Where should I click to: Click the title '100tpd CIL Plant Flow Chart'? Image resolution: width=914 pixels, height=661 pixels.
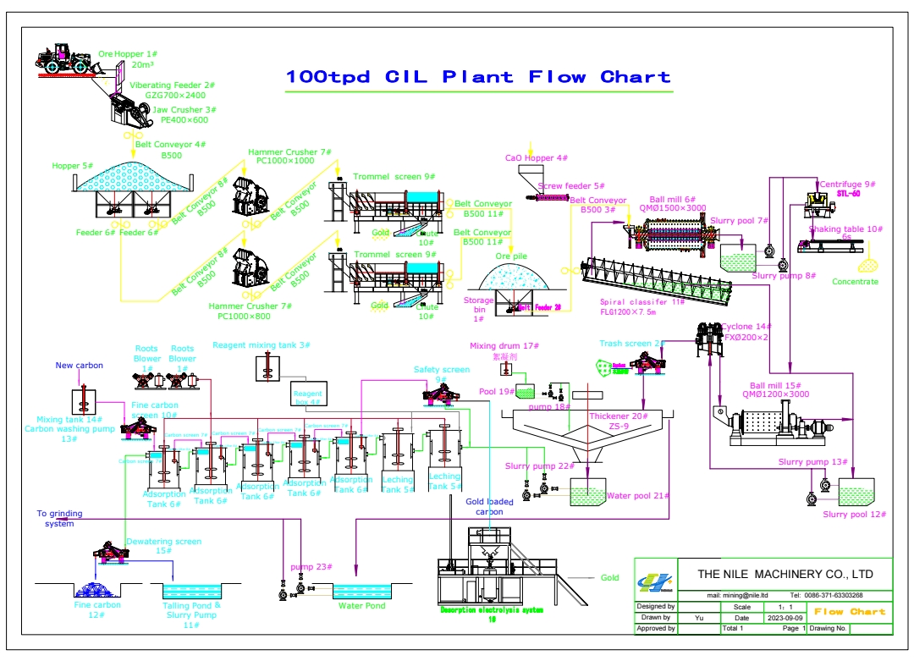point(478,77)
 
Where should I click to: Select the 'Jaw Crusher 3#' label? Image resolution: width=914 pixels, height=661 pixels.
point(185,110)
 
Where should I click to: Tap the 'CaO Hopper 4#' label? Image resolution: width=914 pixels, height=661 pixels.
point(537,158)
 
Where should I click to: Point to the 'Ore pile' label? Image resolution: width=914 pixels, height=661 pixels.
point(512,256)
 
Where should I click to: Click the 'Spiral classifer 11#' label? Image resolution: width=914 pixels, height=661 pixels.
point(642,302)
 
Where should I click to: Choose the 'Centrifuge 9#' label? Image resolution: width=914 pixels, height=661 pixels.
point(847,185)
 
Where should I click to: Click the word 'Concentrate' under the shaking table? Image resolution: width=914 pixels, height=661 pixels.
point(855,282)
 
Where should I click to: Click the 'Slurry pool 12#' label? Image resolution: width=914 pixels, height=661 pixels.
point(854,515)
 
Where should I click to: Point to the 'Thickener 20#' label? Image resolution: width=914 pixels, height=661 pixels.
point(619,416)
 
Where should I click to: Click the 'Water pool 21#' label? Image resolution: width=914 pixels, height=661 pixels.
point(638,496)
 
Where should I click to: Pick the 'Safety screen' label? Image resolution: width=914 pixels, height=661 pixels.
point(441,370)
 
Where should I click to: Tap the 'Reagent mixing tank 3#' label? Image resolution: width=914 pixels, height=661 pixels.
point(262,345)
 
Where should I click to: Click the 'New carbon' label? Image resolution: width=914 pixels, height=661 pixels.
point(80,366)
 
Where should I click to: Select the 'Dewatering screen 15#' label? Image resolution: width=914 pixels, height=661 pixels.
point(164,542)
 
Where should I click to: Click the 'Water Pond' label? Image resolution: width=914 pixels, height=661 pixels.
point(361,606)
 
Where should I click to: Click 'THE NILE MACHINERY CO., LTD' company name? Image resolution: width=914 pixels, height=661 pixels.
point(785,575)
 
